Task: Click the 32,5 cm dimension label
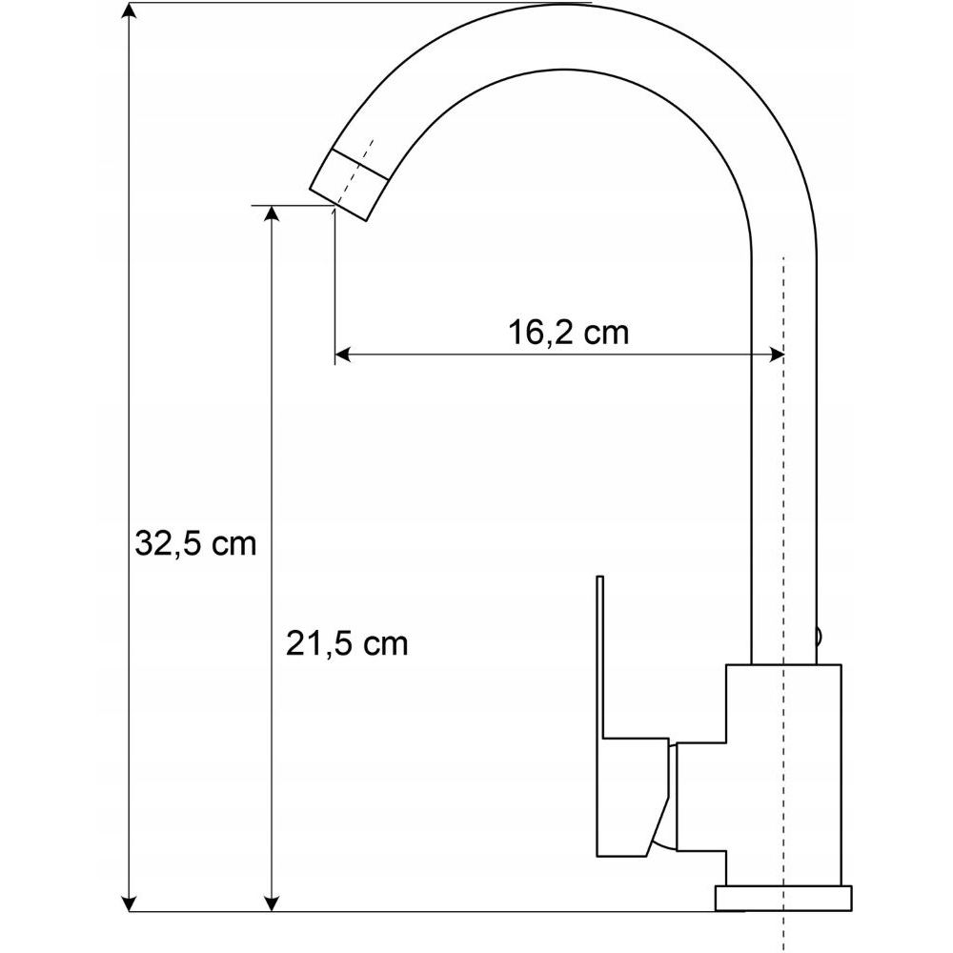coord(195,543)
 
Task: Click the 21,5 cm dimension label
coord(347,643)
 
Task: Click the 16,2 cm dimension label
coord(568,333)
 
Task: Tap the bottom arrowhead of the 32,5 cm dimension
coord(129,903)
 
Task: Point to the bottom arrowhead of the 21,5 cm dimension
coord(273,903)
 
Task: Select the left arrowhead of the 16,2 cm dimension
coord(343,355)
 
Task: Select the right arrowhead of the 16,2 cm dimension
coord(776,355)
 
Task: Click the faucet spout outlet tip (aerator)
coord(349,184)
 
